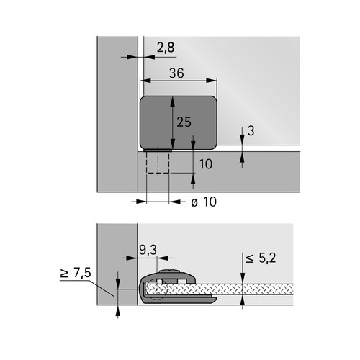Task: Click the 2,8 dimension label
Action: [x=166, y=48]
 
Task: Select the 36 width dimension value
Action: [x=176, y=73]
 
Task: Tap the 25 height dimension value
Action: [x=184, y=122]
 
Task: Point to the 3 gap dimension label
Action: [x=251, y=131]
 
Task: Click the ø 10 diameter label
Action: [x=204, y=202]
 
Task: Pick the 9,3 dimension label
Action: [x=148, y=250]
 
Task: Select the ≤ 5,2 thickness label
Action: [x=261, y=258]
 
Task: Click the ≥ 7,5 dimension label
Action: [x=76, y=273]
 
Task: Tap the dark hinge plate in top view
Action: [x=179, y=122]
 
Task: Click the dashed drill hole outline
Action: [x=158, y=163]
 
